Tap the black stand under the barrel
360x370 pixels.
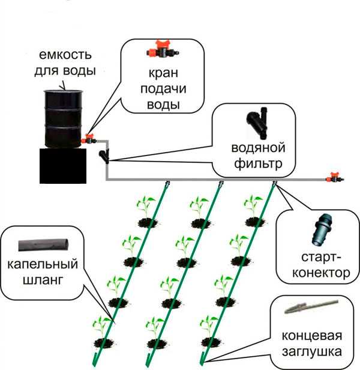tap(63, 165)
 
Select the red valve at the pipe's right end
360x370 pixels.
tap(332, 178)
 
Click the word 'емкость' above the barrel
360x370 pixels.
tap(67, 56)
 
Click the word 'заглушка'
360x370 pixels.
tap(311, 350)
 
